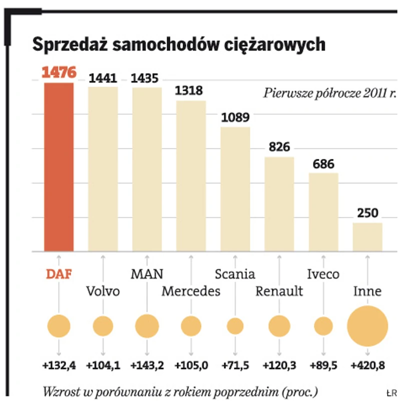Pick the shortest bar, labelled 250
(x=367, y=237)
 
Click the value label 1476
(x=59, y=73)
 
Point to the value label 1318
(x=191, y=91)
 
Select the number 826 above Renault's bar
(x=279, y=147)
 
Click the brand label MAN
(x=147, y=274)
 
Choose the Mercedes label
(x=191, y=291)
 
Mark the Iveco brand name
(x=323, y=274)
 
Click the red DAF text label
(x=59, y=274)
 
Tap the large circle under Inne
(x=367, y=326)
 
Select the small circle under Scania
(x=235, y=326)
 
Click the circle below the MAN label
(x=147, y=326)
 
